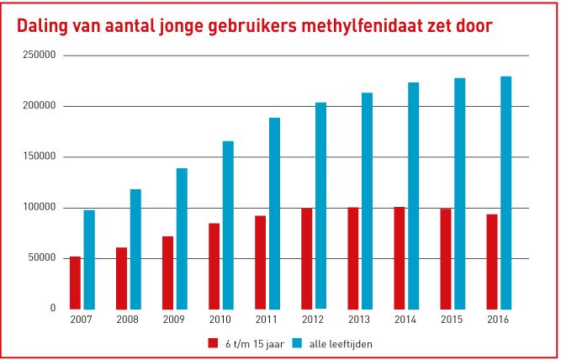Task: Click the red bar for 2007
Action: click(76, 283)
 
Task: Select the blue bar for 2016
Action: click(505, 193)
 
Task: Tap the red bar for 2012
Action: click(307, 258)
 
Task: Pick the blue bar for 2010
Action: click(228, 225)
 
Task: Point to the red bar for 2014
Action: click(400, 257)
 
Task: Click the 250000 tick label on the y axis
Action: click(40, 56)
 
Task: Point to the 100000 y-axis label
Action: click(40, 208)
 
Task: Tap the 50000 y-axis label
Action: click(42, 258)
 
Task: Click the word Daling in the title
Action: click(45, 26)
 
